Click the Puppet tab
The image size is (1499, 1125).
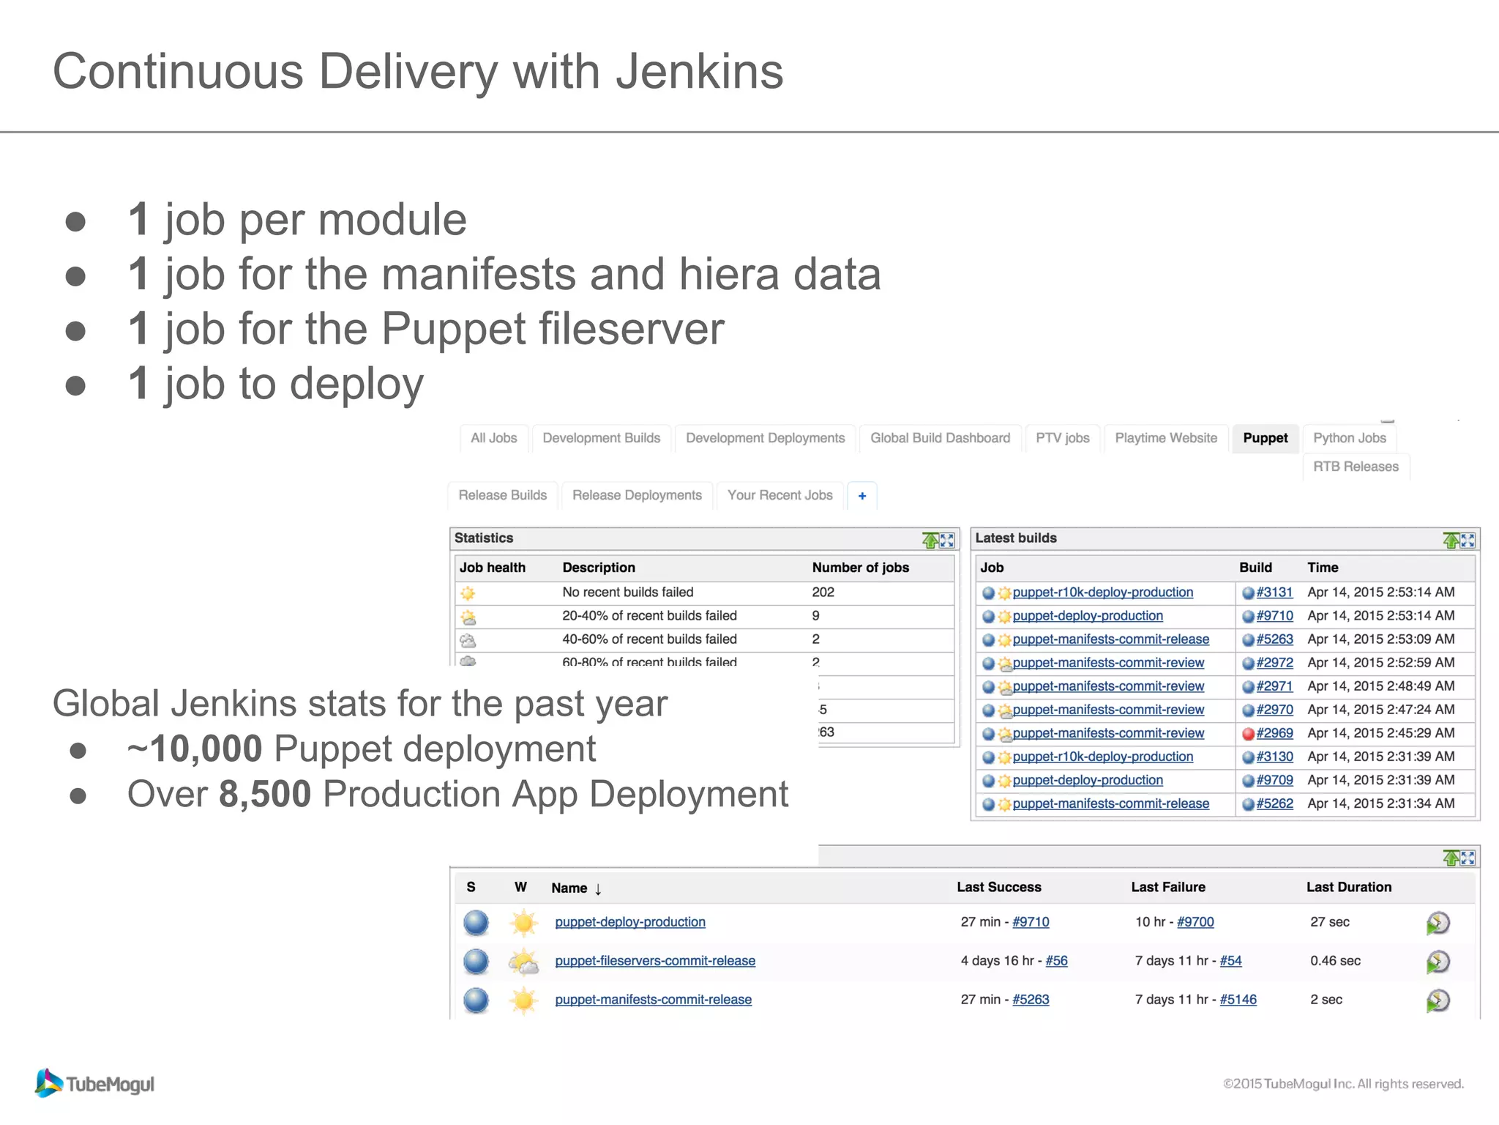point(1265,438)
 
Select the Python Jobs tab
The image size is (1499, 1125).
point(1349,438)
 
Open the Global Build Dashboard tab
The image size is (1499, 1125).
point(940,438)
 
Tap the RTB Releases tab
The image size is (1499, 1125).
point(1356,467)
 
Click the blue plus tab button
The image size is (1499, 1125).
point(862,496)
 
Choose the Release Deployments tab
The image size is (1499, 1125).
point(637,496)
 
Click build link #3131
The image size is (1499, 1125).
point(1274,593)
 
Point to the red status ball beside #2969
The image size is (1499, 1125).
point(1249,734)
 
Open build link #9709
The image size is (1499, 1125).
point(1274,780)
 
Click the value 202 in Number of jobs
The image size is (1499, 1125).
point(823,593)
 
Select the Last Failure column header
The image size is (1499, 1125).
point(1167,887)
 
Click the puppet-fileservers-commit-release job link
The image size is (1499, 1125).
point(655,961)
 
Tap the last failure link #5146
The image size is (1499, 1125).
point(1238,1000)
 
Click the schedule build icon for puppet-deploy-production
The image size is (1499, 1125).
point(1438,923)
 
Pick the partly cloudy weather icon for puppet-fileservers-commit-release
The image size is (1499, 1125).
point(524,962)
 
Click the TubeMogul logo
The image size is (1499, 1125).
point(95,1083)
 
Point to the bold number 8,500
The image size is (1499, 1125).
point(265,794)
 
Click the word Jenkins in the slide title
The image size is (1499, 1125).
point(699,72)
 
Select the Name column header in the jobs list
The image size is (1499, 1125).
point(569,888)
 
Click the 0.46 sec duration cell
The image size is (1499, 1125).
point(1335,961)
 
